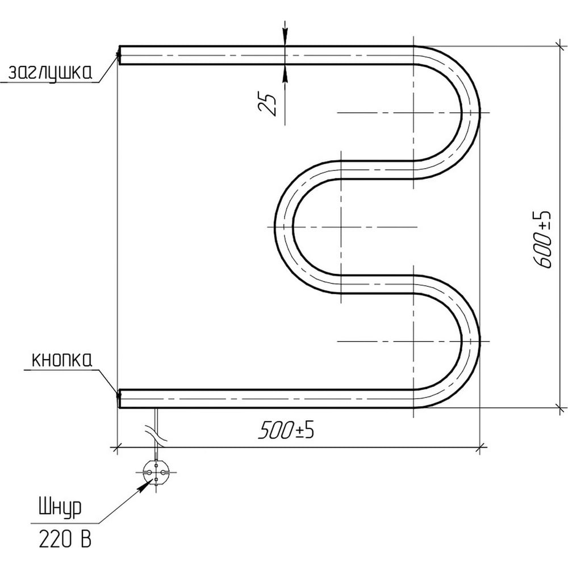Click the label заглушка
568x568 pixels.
[x=50, y=73]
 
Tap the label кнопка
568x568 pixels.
[x=62, y=361]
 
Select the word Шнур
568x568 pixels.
[x=60, y=508]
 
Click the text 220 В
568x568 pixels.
[x=65, y=540]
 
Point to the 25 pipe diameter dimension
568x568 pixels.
[x=268, y=105]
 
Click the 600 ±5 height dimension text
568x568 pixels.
[x=544, y=240]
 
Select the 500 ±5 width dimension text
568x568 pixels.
[x=286, y=431]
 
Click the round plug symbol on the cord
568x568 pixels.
[x=156, y=472]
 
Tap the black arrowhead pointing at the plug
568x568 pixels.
[x=144, y=486]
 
